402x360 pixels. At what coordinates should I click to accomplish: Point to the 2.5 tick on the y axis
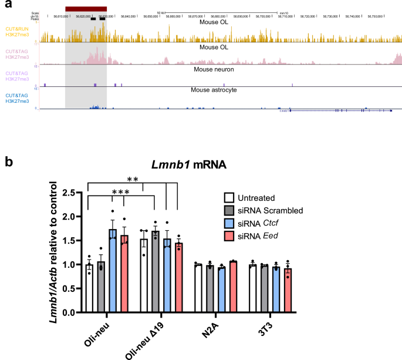tap(72, 192)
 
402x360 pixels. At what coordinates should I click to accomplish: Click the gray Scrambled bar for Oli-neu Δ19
tap(156, 272)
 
